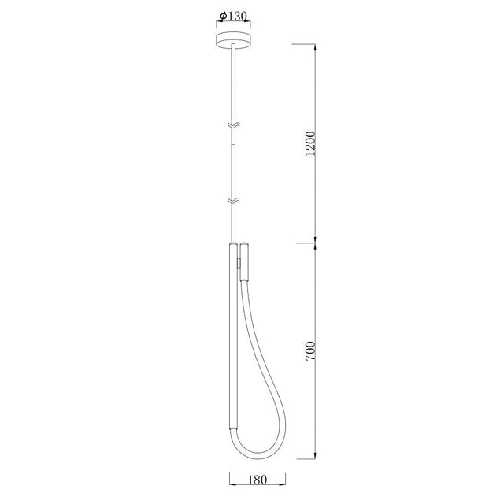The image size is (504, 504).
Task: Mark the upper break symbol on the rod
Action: [x=232, y=125]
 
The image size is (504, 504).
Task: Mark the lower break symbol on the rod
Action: [x=232, y=202]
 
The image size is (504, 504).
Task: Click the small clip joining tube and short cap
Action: [x=238, y=263]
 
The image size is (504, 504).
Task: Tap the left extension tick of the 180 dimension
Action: [x=229, y=478]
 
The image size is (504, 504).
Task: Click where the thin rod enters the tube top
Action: [x=232, y=243]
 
